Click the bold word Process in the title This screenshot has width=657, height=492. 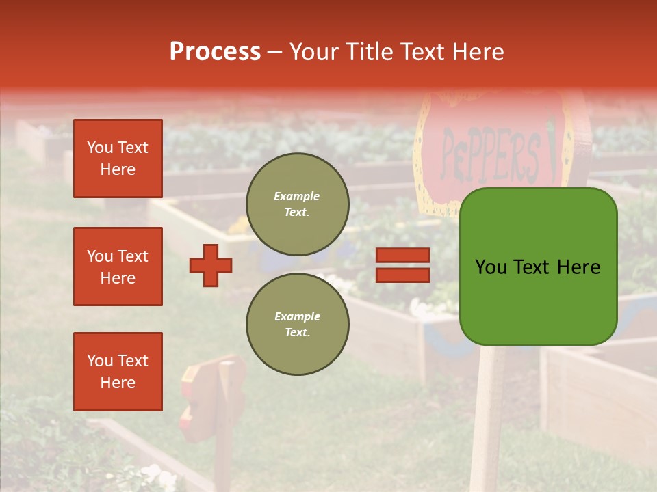(x=215, y=52)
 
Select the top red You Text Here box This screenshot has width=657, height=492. (x=118, y=159)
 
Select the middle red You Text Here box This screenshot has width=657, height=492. (x=118, y=266)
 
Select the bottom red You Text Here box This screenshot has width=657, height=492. (x=118, y=372)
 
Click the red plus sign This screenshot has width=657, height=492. (x=211, y=265)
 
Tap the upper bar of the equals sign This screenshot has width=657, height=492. (x=403, y=255)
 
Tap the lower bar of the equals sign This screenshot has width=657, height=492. (x=403, y=275)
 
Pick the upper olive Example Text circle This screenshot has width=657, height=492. (x=298, y=204)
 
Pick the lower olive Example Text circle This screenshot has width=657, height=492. (x=298, y=324)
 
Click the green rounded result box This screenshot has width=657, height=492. (x=538, y=266)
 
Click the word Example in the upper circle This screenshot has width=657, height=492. (x=297, y=196)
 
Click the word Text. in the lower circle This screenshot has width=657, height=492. (x=297, y=333)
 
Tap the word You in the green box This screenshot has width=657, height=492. (x=491, y=267)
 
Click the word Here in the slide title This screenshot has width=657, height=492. (x=477, y=52)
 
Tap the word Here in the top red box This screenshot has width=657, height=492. (x=118, y=169)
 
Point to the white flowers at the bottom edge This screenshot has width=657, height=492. (x=153, y=475)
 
